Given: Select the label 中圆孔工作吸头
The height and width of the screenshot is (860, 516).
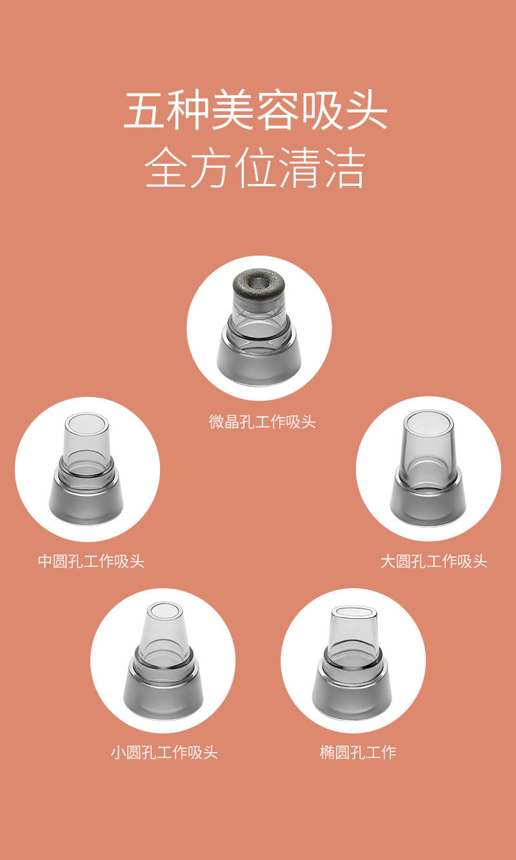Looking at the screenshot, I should pyautogui.click(x=91, y=561).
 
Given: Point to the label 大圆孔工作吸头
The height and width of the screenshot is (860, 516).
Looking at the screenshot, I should pyautogui.click(x=433, y=561).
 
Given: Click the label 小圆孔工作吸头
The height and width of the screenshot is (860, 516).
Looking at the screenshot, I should pyautogui.click(x=164, y=752).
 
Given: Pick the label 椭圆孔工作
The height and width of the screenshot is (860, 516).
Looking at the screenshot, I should pyautogui.click(x=358, y=752).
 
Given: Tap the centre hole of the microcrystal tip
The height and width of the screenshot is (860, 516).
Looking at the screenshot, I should pyautogui.click(x=260, y=282).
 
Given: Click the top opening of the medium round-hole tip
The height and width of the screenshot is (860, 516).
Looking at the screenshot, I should pyautogui.click(x=86, y=424).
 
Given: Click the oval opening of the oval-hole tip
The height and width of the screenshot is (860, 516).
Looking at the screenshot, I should pyautogui.click(x=353, y=611).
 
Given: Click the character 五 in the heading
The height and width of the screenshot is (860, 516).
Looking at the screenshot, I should pyautogui.click(x=143, y=112).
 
